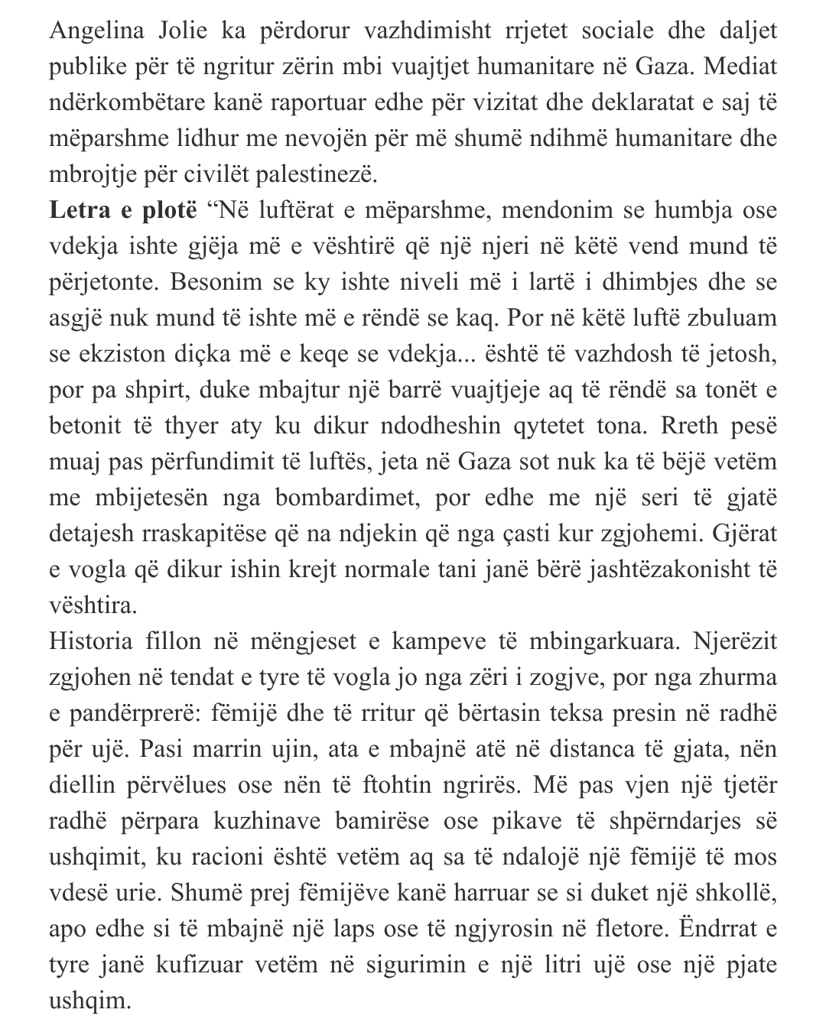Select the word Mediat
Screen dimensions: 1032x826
coord(740,67)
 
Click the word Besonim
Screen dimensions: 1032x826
coord(216,282)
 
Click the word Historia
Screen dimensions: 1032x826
coord(91,641)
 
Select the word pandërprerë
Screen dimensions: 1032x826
coord(132,712)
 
